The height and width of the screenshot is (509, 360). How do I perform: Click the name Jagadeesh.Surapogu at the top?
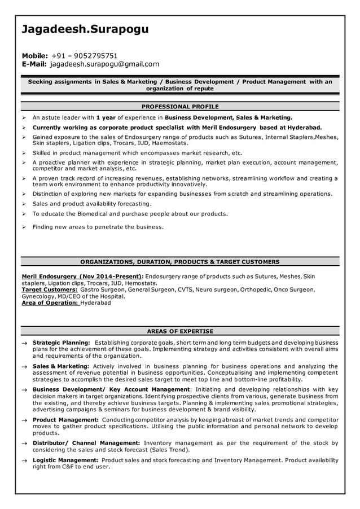[x=85, y=29]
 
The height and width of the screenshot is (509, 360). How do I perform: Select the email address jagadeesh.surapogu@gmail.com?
[x=104, y=64]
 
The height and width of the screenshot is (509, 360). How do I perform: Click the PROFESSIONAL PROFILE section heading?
[x=180, y=106]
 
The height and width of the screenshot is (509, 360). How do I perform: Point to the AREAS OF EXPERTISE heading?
[x=180, y=331]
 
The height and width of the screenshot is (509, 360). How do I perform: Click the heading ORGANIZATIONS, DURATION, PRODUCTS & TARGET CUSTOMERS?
[x=180, y=262]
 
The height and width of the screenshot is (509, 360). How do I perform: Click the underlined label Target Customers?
[x=49, y=289]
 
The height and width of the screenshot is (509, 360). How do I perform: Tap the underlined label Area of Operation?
[x=50, y=302]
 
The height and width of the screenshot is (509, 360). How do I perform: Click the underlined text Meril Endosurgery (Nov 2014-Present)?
[x=82, y=276]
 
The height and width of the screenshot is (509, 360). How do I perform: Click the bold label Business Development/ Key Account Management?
[x=111, y=389]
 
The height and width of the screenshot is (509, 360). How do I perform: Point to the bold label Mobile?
[x=34, y=56]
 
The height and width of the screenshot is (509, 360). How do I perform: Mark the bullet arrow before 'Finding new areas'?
[x=25, y=227]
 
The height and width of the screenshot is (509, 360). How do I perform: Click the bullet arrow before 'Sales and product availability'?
[x=25, y=204]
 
